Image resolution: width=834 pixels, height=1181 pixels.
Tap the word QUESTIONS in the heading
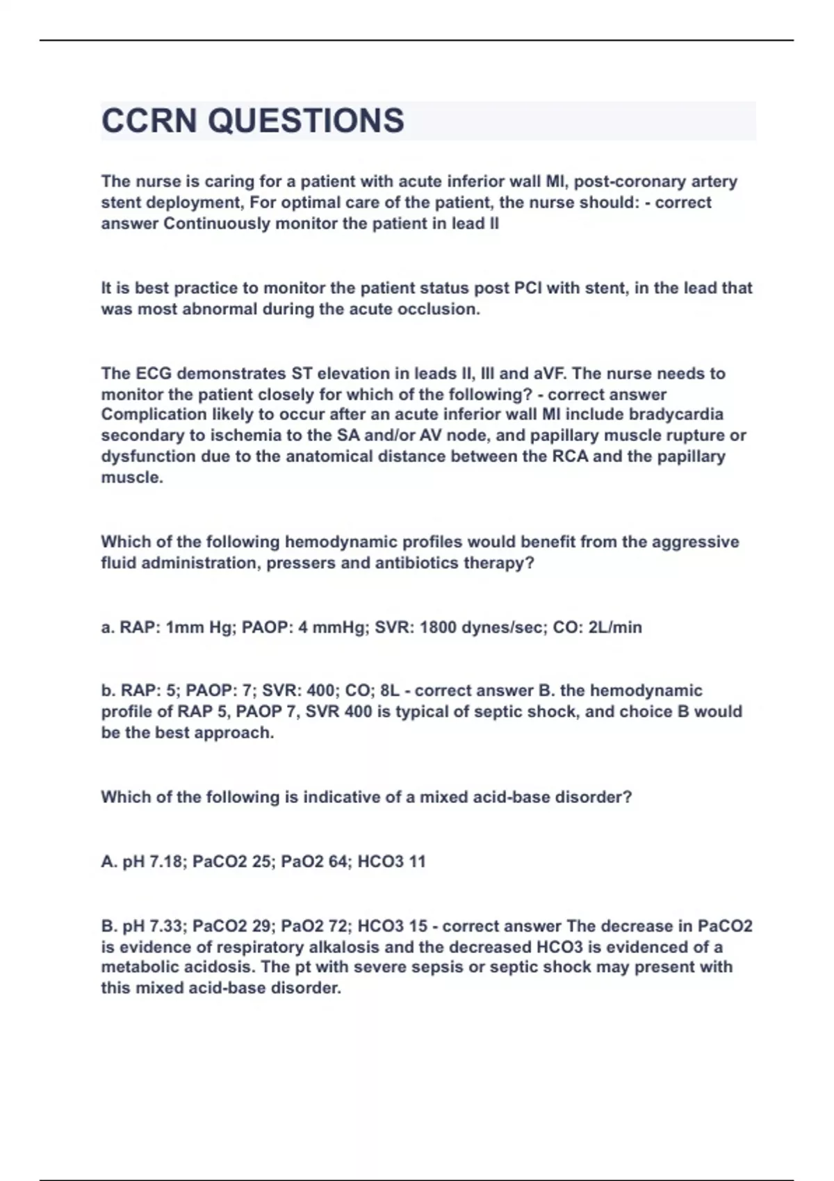click(x=306, y=121)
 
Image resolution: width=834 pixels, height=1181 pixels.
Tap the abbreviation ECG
click(x=152, y=374)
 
